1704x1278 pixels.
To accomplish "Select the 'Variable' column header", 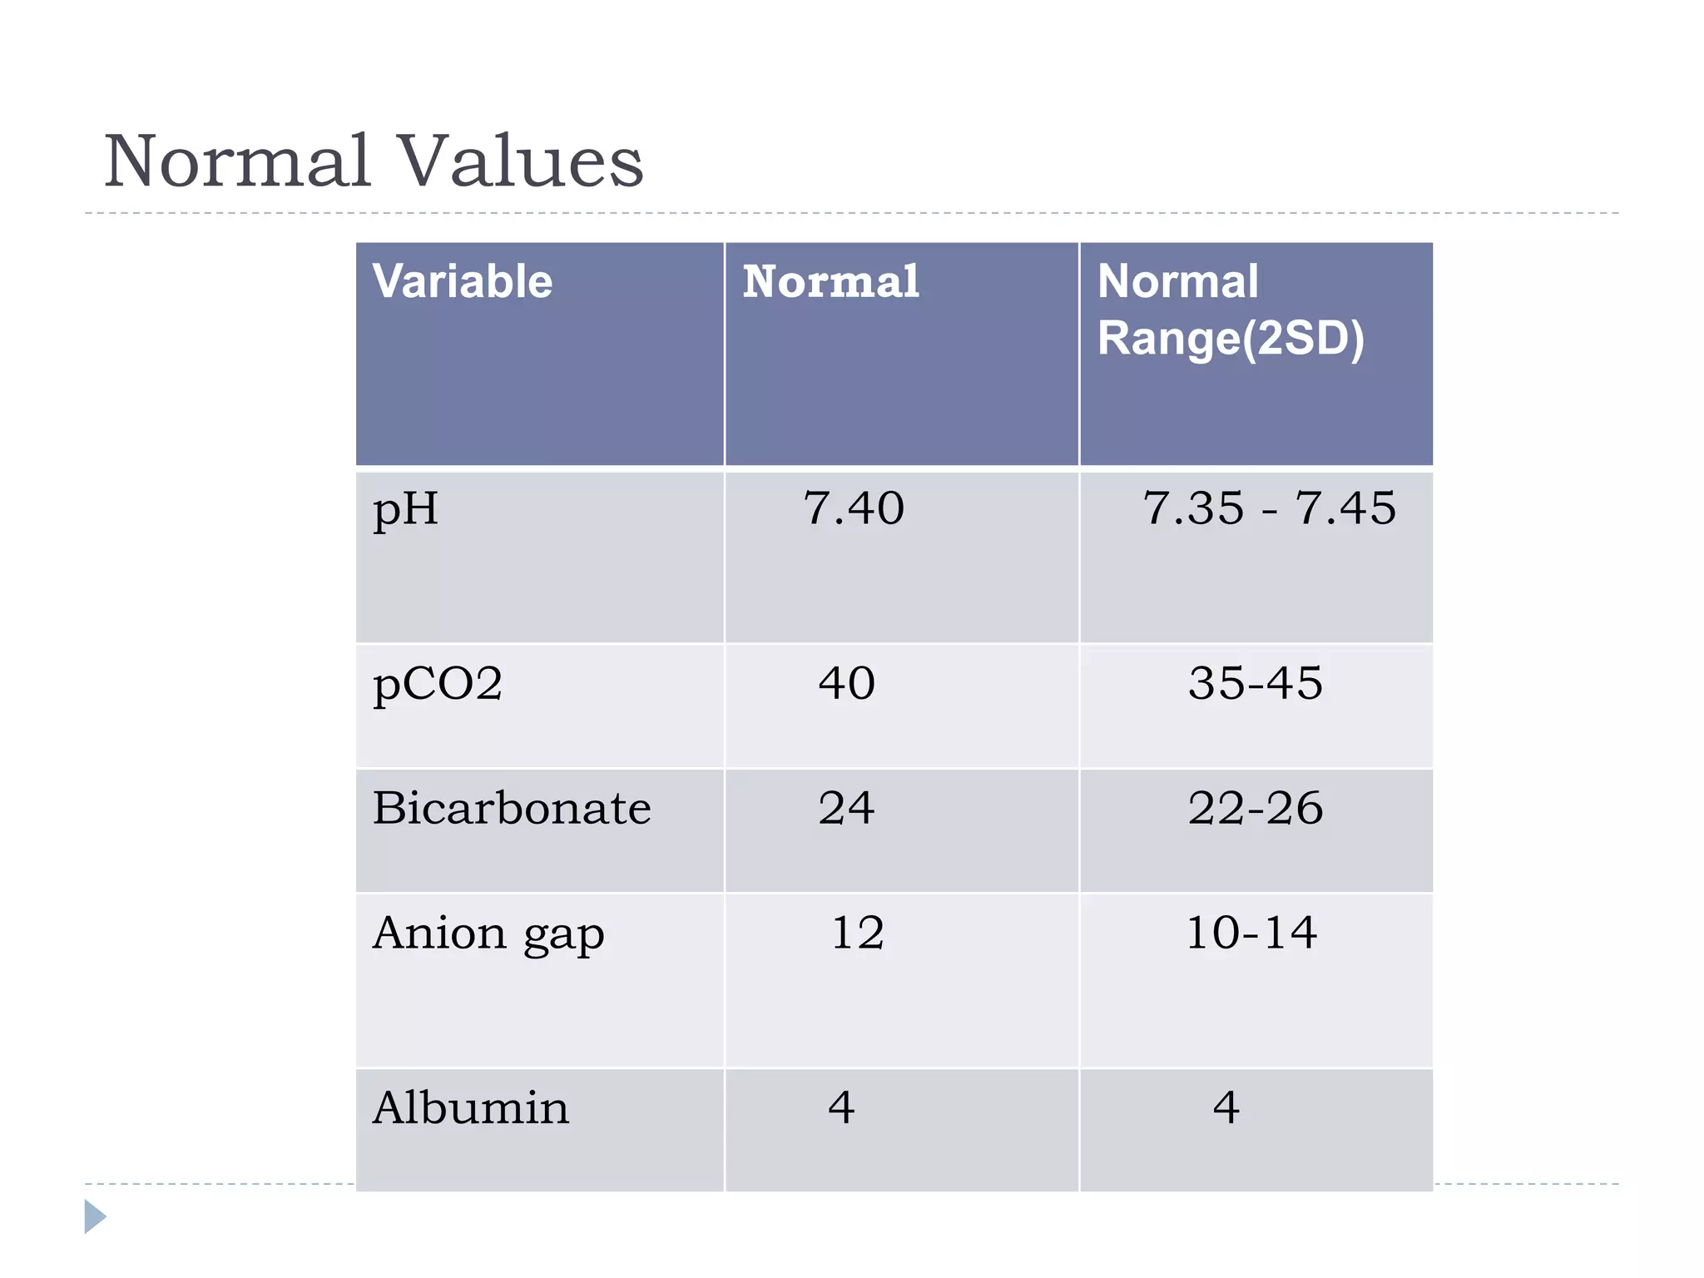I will click(x=462, y=281).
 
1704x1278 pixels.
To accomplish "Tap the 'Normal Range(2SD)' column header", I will click(x=1230, y=310).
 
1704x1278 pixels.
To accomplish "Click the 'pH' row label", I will click(x=405, y=509).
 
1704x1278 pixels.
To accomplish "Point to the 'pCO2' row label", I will click(x=438, y=684).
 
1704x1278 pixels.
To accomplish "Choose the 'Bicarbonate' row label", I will click(x=512, y=808).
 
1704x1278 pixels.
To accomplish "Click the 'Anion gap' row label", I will click(x=488, y=934).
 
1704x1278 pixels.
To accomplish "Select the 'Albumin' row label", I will click(x=471, y=1108).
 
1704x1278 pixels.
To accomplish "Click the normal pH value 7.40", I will click(x=854, y=508).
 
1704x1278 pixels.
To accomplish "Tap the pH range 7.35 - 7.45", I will click(x=1269, y=508).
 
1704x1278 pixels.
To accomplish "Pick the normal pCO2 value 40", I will click(x=847, y=683).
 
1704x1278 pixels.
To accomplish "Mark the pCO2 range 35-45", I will click(x=1256, y=683).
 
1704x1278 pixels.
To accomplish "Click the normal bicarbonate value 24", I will click(x=847, y=808).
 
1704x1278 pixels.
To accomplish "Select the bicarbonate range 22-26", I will click(x=1256, y=808).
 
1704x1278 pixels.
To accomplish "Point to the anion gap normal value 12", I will click(x=858, y=933).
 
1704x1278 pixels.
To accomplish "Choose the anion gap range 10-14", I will click(x=1252, y=933).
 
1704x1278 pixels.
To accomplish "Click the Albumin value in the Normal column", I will click(x=842, y=1107).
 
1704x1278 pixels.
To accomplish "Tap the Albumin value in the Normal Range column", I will click(x=1226, y=1107).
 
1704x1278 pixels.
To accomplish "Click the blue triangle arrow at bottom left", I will click(x=95, y=1216).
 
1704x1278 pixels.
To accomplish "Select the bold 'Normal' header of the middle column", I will click(x=830, y=281).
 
